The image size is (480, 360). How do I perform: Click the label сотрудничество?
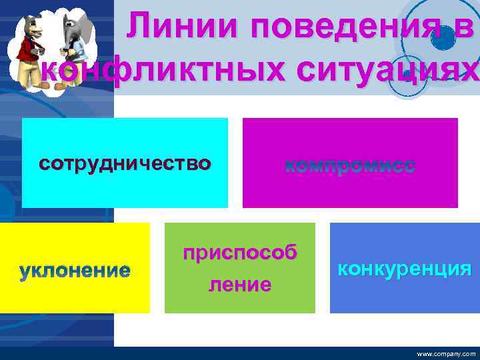[125, 163]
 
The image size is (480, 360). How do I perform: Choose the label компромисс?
[350, 166]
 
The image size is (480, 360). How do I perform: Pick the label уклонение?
[75, 271]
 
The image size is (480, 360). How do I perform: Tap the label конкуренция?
[404, 269]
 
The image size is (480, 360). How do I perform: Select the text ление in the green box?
[240, 285]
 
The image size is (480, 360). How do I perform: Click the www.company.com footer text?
[446, 354]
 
